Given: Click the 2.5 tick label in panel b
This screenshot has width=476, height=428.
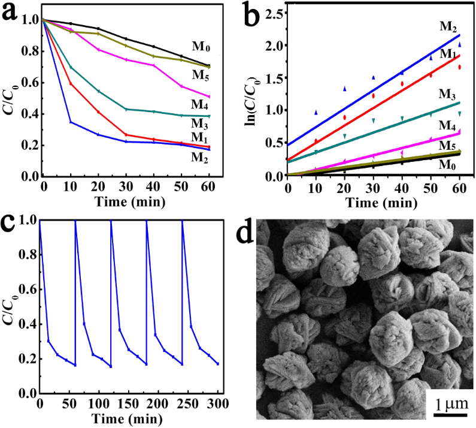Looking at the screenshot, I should tap(274, 14).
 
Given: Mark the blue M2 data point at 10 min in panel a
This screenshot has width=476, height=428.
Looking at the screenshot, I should tap(71, 122).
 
